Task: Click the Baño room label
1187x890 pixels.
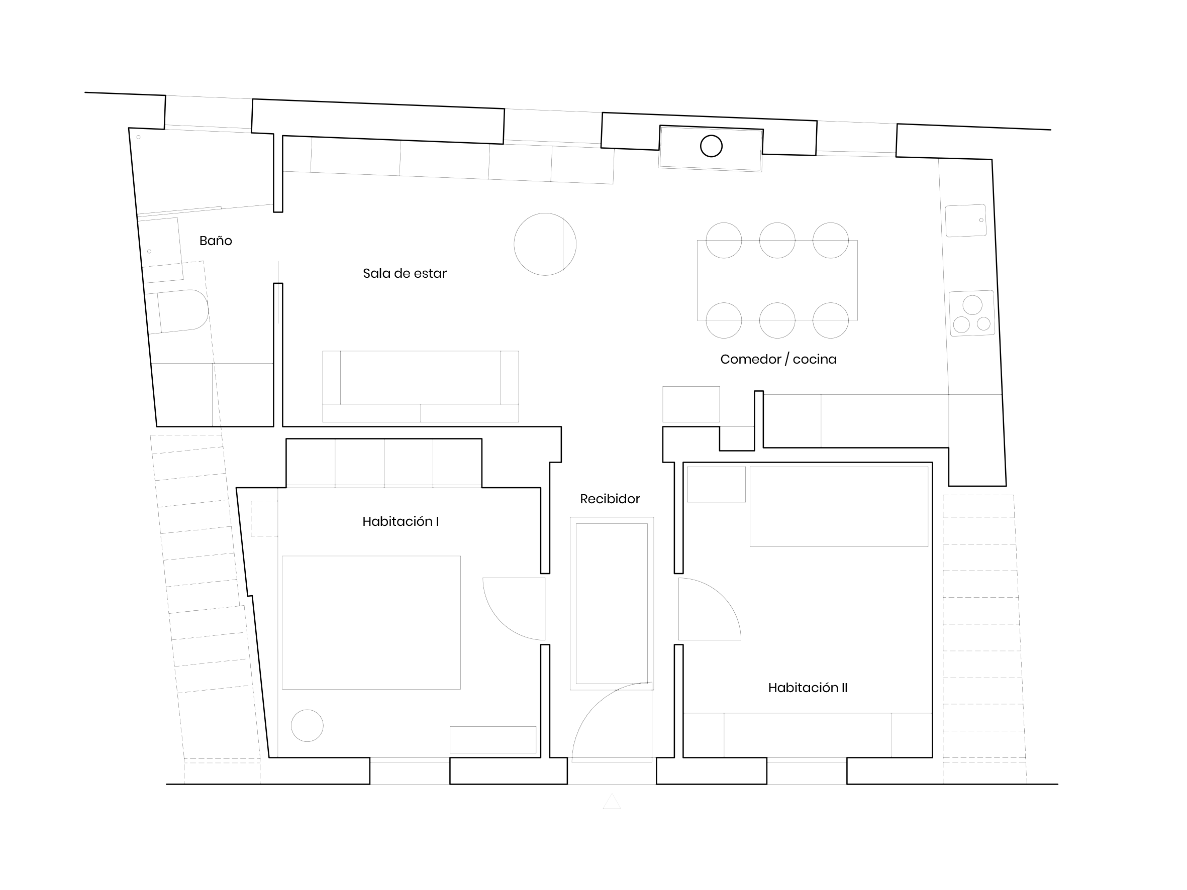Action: pos(216,241)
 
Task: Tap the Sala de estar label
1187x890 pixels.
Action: pos(405,274)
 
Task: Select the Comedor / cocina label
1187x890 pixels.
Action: pos(778,360)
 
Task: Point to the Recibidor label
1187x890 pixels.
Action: pos(610,499)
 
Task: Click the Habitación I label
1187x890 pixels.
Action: pos(401,521)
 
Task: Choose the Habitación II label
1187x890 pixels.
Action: pos(808,688)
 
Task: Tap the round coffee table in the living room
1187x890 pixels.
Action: pos(545,244)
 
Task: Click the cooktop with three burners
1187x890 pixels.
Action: pos(972,313)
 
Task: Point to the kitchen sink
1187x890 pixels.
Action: pos(966,220)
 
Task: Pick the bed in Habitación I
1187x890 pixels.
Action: pos(371,622)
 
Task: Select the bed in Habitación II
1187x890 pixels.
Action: pos(839,507)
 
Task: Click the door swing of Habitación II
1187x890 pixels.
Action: pos(706,609)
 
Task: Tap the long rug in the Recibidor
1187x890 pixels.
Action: pos(612,604)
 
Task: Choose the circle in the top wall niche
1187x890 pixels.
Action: pos(712,146)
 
